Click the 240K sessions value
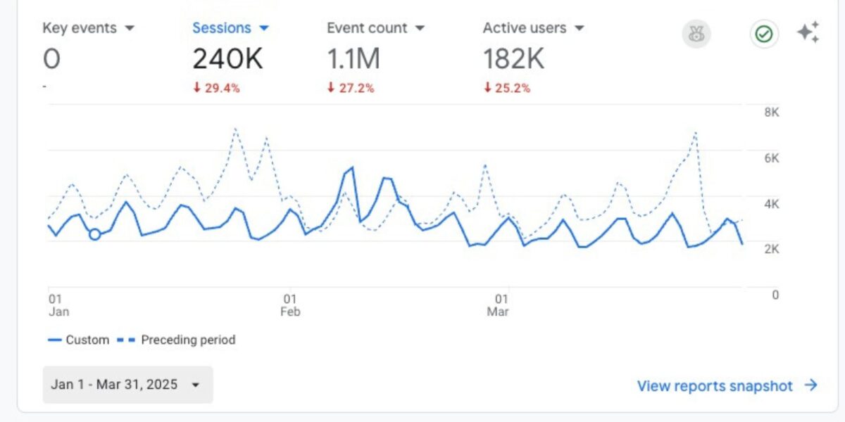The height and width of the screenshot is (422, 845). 227,60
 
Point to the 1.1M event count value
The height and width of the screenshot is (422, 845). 353,60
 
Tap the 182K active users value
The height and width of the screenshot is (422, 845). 513,60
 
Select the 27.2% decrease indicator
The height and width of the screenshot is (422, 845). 351,89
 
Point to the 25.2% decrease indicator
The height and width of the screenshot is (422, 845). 507,89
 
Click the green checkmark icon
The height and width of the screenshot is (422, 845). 764,34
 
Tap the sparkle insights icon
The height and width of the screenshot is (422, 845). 808,33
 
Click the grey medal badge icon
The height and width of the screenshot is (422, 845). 696,34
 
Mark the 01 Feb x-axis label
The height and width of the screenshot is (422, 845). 289,305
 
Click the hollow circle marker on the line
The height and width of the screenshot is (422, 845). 95,234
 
